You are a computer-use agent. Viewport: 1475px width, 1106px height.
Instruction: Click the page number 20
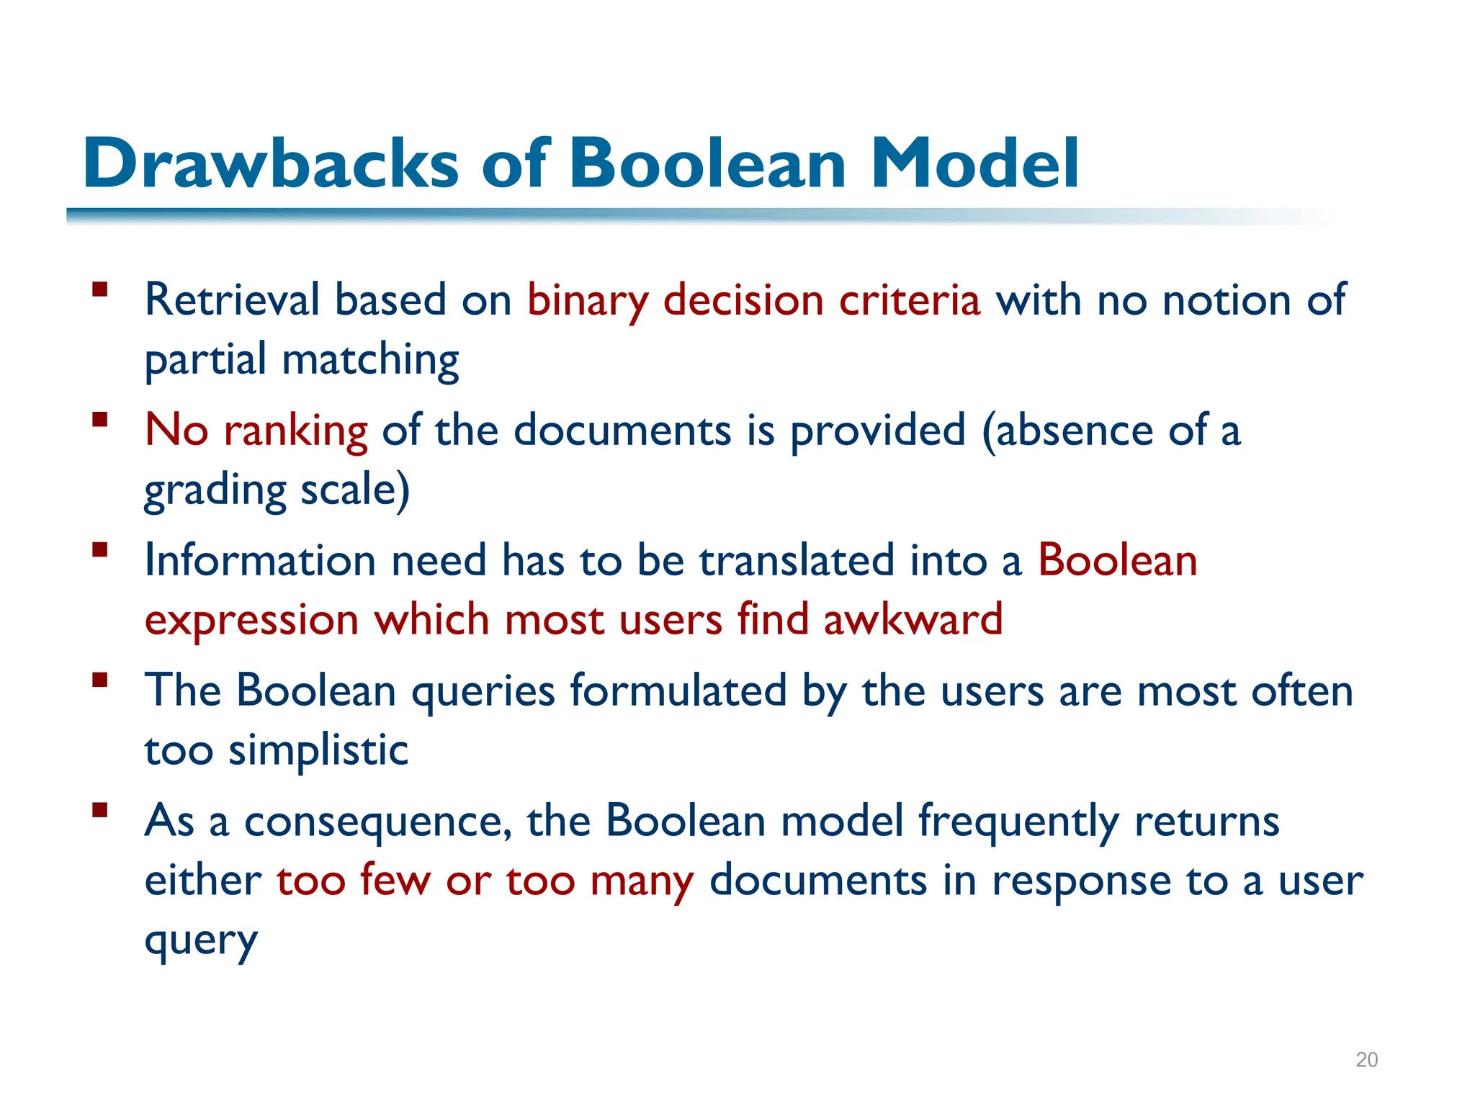pos(1366,1059)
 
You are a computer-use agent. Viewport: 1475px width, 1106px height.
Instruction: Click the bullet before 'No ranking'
pos(100,420)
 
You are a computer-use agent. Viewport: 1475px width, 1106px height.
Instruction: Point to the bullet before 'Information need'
pos(100,550)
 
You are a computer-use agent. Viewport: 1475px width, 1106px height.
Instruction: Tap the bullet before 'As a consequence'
pos(100,811)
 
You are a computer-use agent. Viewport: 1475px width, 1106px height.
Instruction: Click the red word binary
pos(588,301)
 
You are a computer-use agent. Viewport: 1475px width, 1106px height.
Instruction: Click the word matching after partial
pos(370,360)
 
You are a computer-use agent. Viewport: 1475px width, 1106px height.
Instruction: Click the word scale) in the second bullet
pos(354,490)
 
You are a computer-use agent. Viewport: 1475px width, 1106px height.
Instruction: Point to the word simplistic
pos(318,751)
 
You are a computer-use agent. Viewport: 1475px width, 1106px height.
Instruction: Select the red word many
pos(642,882)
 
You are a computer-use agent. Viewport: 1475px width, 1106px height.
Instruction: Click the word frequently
pos(1018,822)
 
